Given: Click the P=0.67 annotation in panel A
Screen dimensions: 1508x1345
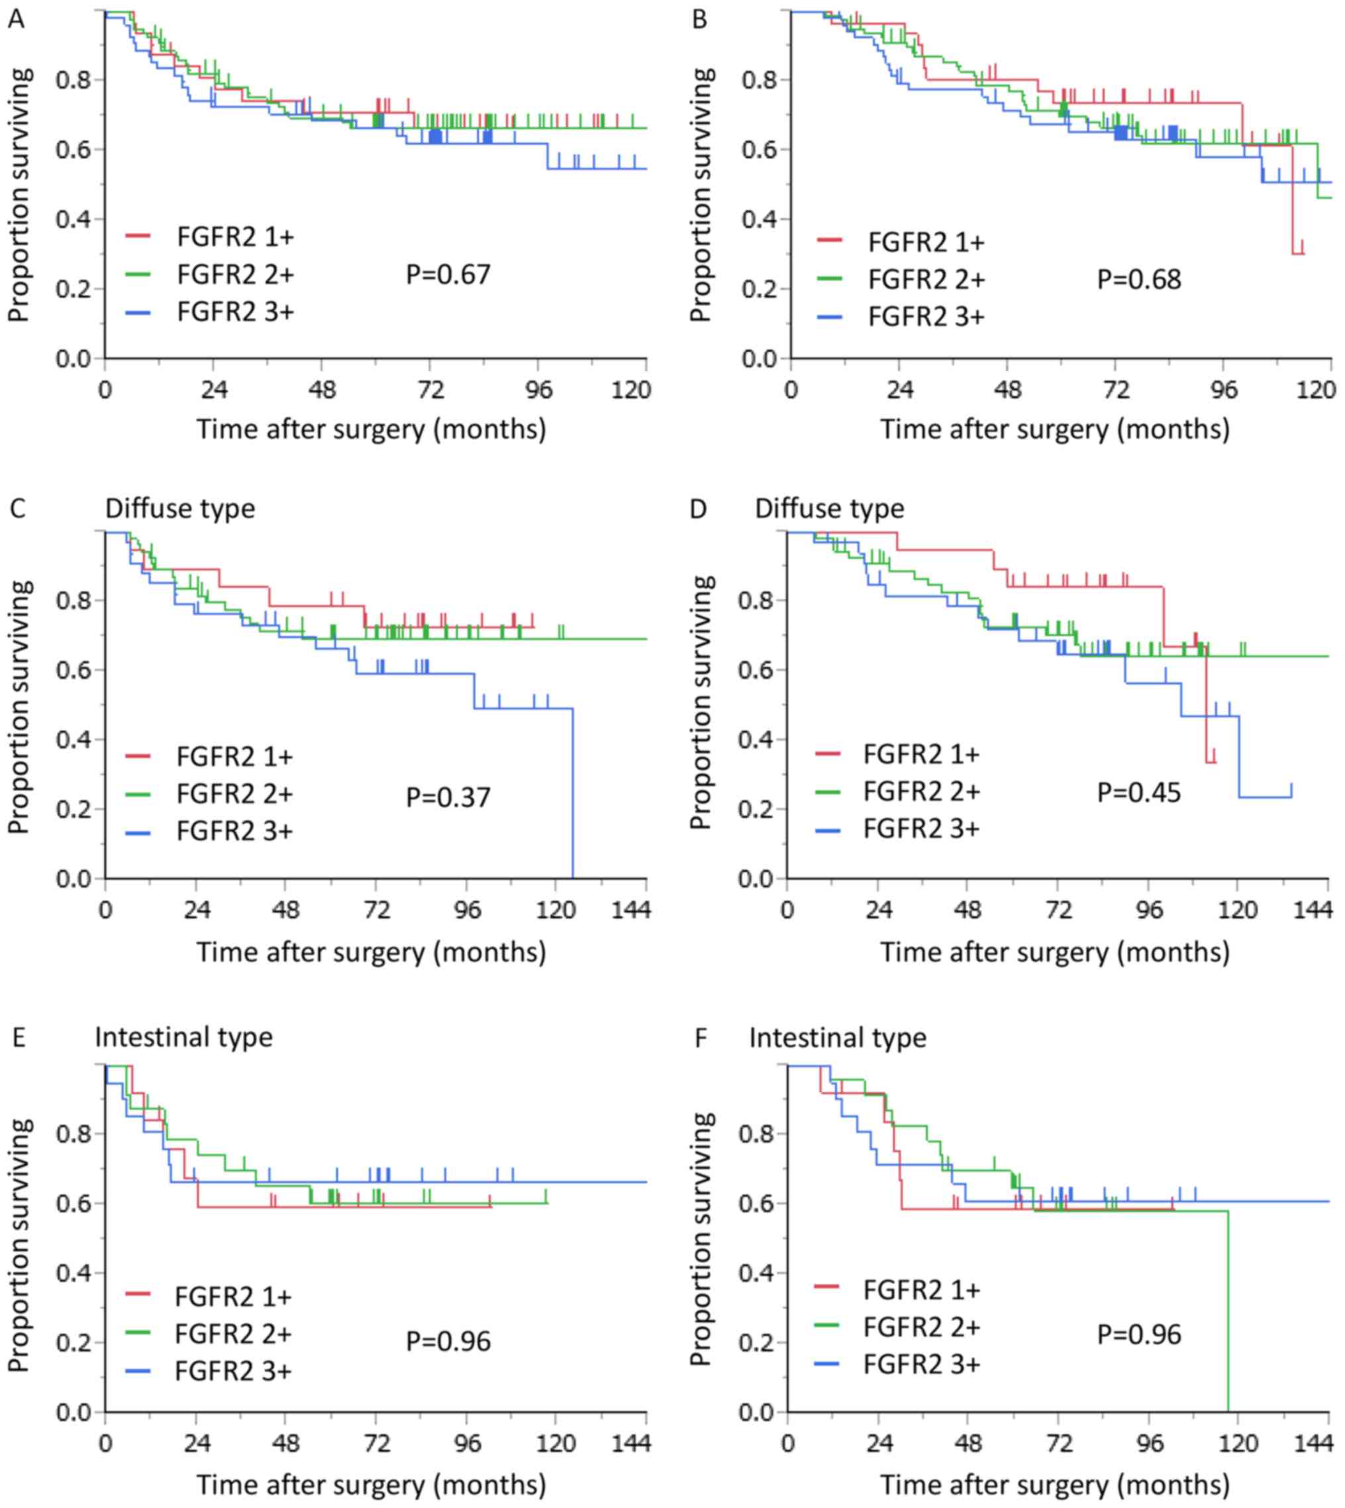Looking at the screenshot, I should coord(448,275).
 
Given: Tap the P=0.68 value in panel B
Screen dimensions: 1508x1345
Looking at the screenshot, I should coord(1139,280).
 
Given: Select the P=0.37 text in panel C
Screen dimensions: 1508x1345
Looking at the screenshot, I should coord(448,797).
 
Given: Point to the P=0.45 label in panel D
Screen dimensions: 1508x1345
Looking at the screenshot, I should coord(1139,792).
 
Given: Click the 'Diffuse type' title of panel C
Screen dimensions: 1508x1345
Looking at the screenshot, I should coord(179,509).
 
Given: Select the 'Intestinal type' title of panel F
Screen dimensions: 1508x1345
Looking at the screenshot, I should coord(837,1038).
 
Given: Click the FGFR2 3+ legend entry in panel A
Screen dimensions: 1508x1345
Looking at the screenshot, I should coord(235,312).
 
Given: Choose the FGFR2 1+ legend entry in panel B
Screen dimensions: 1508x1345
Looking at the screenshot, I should coord(926,242).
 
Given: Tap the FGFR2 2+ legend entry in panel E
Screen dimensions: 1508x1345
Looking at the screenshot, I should coord(233,1334).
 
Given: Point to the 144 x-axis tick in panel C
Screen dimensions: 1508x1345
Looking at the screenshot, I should coord(630,908).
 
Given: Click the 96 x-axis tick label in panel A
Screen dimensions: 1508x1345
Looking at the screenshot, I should coord(539,390).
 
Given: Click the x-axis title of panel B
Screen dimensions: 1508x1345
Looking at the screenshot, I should coord(1054,429).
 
